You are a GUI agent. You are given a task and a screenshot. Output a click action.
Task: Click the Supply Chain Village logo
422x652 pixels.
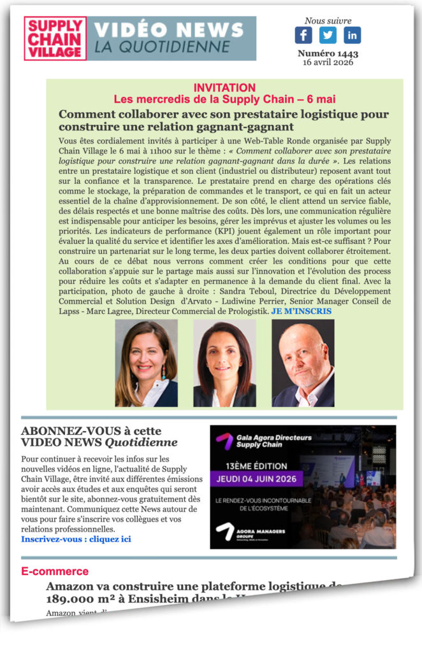(x=55, y=39)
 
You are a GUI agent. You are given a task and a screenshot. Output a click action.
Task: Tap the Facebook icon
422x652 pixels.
(x=303, y=35)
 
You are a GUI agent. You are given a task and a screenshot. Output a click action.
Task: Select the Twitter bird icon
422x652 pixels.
(x=328, y=35)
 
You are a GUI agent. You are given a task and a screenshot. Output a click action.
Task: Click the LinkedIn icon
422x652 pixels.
(x=352, y=35)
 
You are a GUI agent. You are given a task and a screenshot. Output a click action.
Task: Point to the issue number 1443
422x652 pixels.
(x=328, y=53)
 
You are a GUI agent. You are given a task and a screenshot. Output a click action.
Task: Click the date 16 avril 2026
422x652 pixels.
(x=328, y=62)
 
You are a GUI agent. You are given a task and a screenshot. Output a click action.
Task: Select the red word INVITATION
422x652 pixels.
(x=224, y=88)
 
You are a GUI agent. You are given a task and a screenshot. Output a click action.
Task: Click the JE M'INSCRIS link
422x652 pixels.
(x=302, y=311)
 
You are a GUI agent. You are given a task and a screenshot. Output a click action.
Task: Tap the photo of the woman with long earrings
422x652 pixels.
(x=146, y=363)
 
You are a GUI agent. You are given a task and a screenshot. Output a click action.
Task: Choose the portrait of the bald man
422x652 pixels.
(x=303, y=363)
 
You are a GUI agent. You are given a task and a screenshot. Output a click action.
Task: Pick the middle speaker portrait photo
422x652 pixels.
(x=224, y=363)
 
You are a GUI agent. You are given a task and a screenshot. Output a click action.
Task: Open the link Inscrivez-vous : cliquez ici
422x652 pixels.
(x=76, y=539)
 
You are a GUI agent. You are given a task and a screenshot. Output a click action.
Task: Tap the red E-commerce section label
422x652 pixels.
(x=55, y=571)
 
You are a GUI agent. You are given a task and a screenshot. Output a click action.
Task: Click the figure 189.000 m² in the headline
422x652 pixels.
(x=79, y=599)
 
